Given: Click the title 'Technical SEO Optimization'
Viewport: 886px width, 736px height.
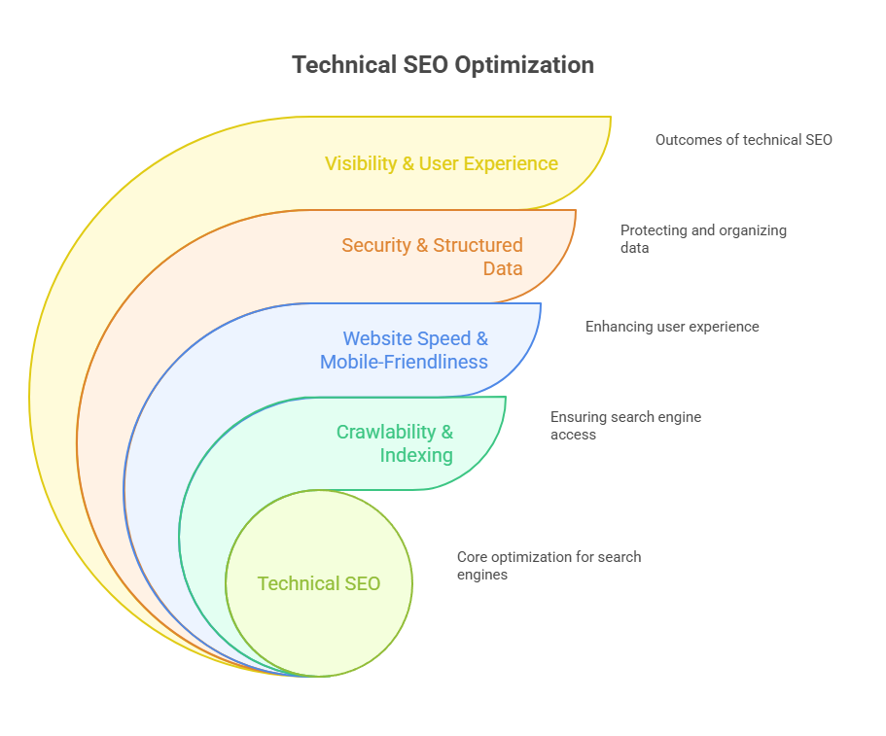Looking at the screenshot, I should pos(443,65).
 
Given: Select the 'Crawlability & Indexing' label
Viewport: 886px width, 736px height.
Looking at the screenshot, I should pos(395,443).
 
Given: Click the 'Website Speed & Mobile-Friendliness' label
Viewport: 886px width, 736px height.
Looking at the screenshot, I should pos(405,350).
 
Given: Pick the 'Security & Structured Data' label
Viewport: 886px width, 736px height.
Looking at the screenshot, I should pos(433,257).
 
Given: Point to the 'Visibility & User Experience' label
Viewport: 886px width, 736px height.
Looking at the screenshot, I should pos(442,163).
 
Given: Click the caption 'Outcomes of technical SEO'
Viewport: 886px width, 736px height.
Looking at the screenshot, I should pos(743,140).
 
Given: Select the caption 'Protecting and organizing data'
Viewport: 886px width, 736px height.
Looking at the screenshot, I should pos(703,239).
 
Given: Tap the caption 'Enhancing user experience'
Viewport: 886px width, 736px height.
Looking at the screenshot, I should pos(672,327).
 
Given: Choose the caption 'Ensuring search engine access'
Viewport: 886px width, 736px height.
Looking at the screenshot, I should pos(625,426).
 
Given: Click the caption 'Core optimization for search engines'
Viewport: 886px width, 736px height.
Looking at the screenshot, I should pos(549,566).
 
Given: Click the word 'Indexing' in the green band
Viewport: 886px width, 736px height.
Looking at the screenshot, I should pos(416,455).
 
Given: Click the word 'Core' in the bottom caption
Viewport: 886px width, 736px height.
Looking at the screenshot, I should pos(474,557).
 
